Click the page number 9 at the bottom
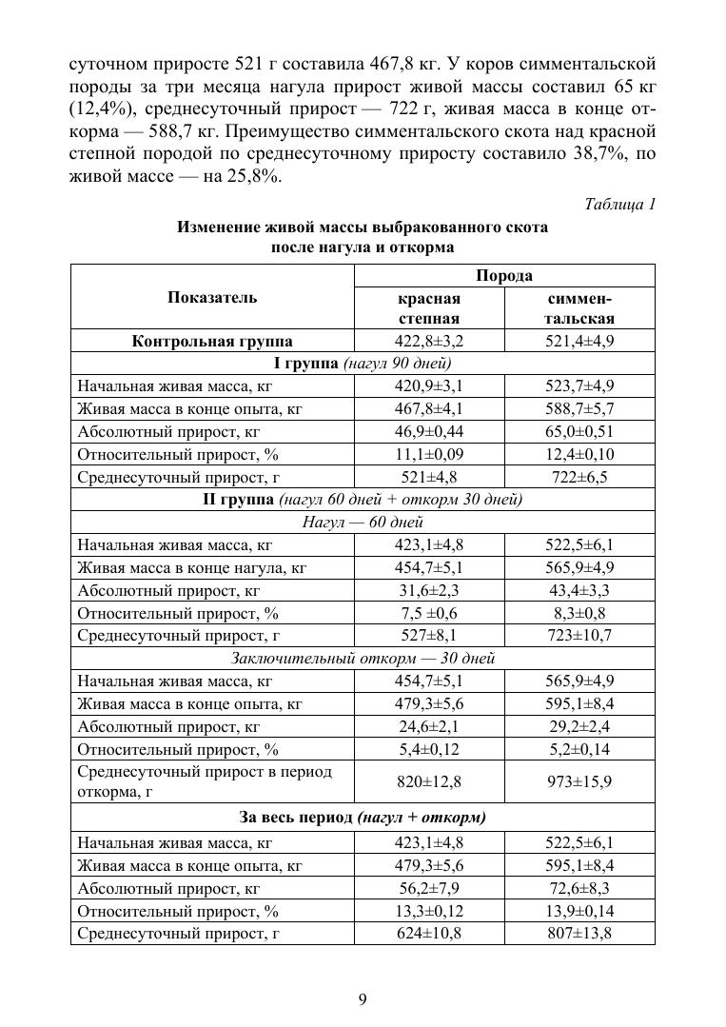click(363, 998)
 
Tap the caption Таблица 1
click(618, 205)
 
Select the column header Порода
click(504, 275)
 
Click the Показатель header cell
click(212, 297)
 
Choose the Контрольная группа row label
click(212, 341)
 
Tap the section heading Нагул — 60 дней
click(363, 523)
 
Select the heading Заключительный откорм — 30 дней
click(363, 659)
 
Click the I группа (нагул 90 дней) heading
click(363, 363)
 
